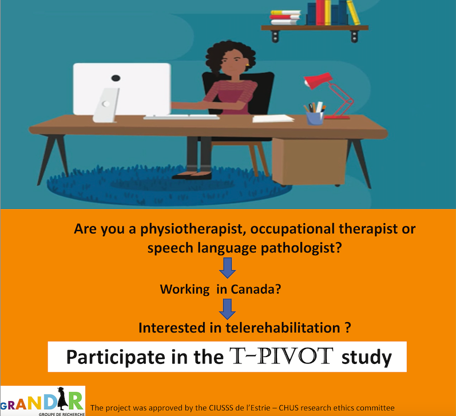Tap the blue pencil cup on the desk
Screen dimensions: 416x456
point(314,117)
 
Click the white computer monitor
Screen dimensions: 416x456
point(122,88)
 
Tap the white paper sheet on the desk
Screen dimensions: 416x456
point(273,118)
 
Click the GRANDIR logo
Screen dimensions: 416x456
point(43,401)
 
